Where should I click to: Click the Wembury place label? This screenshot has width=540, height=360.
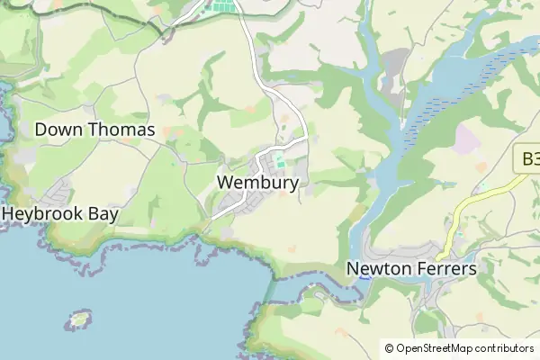[x=257, y=183]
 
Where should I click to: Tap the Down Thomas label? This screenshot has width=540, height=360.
[x=94, y=130]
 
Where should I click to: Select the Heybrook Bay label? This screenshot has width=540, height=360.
[x=60, y=214]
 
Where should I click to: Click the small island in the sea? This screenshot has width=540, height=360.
[x=80, y=319]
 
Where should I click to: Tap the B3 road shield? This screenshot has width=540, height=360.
[x=527, y=160]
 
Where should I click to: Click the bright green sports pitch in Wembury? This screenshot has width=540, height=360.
[x=280, y=162]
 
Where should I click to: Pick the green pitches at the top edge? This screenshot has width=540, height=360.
[x=222, y=6]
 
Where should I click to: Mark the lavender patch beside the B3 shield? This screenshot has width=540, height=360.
[x=469, y=137]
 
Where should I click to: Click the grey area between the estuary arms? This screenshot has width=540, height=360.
[x=394, y=67]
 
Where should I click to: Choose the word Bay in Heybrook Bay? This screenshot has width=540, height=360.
[x=101, y=214]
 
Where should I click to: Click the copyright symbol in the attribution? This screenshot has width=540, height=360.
[x=389, y=348]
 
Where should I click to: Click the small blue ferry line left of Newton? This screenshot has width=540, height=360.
[x=364, y=277]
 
